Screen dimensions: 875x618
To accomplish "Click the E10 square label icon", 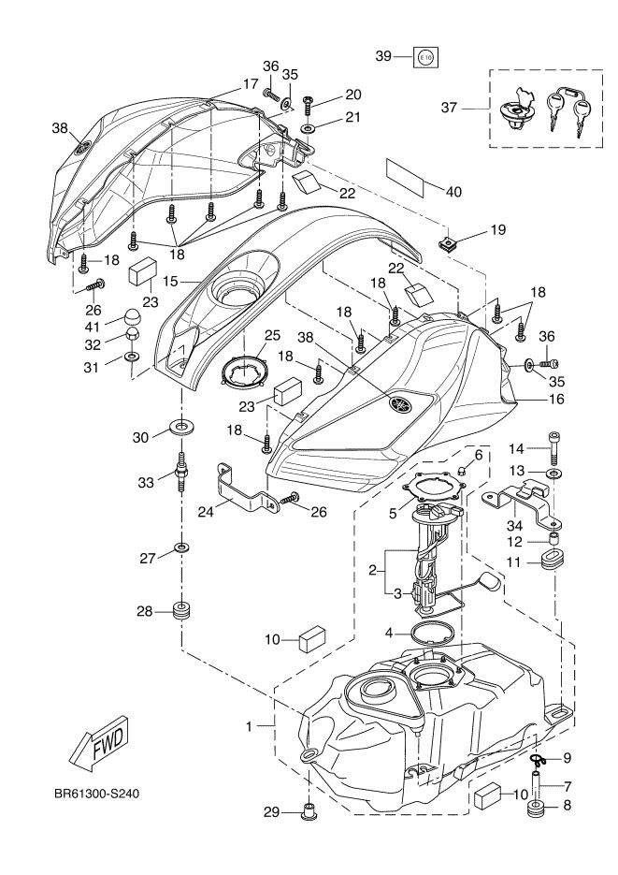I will (x=425, y=57).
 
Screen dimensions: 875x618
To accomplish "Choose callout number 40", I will (x=453, y=192).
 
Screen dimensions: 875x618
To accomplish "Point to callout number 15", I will (x=170, y=280).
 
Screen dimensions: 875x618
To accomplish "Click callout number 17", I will (x=250, y=84).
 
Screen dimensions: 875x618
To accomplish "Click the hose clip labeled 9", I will (x=540, y=759).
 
